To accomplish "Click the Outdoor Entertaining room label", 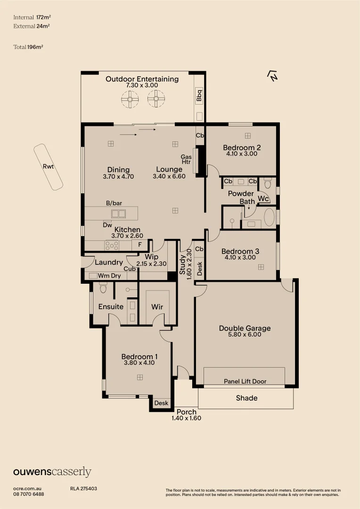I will coord(142,79).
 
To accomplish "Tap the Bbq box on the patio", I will coord(199,96).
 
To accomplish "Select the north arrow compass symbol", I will coord(272,76).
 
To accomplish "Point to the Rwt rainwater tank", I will coord(48,167).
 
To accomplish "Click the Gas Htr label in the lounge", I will coord(186,160).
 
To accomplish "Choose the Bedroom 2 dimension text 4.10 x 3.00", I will coord(242,154).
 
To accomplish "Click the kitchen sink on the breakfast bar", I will coord(118,213).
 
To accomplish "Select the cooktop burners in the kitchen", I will coord(112,245).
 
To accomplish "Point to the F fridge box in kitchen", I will coord(139,245).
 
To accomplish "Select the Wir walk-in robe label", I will coord(157,307).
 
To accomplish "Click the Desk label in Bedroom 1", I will coord(161,403).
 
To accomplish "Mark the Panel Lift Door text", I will coord(245,381).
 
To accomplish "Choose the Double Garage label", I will coord(245,328).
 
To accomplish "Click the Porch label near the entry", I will coord(187,412).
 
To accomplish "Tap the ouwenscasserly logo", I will coord(52,472).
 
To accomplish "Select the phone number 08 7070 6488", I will coord(29,494).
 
